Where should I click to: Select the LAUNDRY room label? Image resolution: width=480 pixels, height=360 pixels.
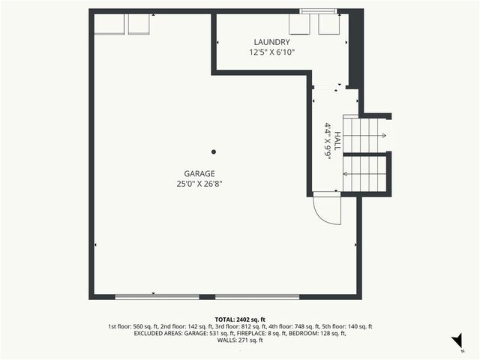point(271,42)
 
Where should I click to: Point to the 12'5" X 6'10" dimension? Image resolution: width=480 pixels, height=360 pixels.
point(271,52)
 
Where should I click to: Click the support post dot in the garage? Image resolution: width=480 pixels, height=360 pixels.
point(214,149)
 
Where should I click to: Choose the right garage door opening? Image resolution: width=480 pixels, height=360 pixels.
point(257,297)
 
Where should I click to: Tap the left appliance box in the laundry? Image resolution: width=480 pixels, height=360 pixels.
point(299,24)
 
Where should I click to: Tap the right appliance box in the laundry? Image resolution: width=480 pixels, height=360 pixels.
point(328,24)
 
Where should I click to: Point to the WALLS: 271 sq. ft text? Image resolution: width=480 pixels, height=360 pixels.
point(240,340)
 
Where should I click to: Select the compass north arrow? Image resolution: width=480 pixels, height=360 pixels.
point(455,342)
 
